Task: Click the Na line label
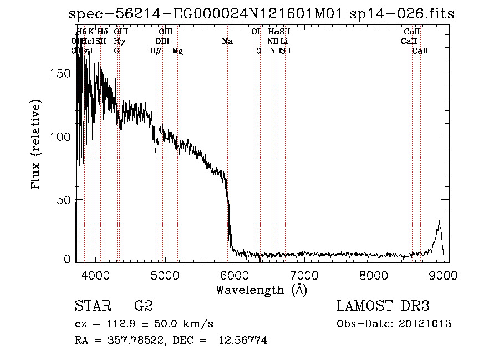227,42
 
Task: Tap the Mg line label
177,50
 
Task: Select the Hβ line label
156,50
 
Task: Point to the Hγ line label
119,42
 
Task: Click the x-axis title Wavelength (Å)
261,290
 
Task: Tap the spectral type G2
143,307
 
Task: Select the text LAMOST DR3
383,307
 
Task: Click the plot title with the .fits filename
261,13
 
